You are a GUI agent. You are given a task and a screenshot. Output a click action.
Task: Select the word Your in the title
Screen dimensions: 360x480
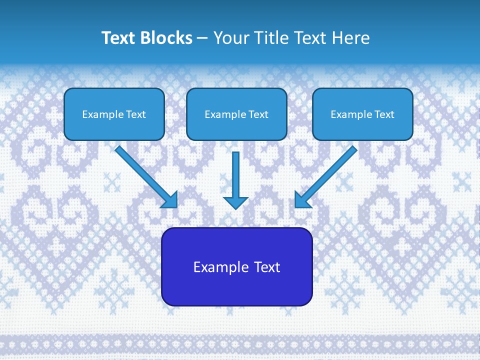(231, 38)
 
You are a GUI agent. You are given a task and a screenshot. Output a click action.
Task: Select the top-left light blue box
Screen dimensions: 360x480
(114, 114)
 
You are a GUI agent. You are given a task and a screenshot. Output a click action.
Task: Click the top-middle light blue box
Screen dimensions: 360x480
(236, 114)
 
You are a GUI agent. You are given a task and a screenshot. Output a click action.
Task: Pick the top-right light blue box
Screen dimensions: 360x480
(362, 114)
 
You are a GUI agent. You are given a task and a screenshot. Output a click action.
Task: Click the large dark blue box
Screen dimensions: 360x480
(236, 266)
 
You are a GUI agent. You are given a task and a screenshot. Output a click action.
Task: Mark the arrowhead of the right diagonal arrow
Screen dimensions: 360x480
(302, 200)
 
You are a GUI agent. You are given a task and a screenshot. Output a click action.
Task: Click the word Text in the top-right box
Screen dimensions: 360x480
(384, 114)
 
